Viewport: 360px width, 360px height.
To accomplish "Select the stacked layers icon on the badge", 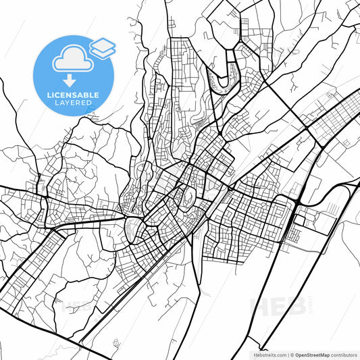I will (x=102, y=47).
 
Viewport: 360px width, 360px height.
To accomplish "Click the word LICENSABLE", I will (x=73, y=94).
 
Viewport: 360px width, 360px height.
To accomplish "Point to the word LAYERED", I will (x=73, y=103).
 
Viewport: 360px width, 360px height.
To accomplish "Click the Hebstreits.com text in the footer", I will (x=267, y=354).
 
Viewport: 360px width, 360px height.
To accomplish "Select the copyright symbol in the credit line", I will (x=292, y=354).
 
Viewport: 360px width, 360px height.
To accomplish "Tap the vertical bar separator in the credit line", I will (x=286, y=354).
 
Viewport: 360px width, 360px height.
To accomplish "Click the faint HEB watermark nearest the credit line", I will (x=277, y=307).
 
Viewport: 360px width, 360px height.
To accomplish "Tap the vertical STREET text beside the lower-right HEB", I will (x=309, y=307).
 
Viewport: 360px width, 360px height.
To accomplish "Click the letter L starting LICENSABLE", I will (x=48, y=94).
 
